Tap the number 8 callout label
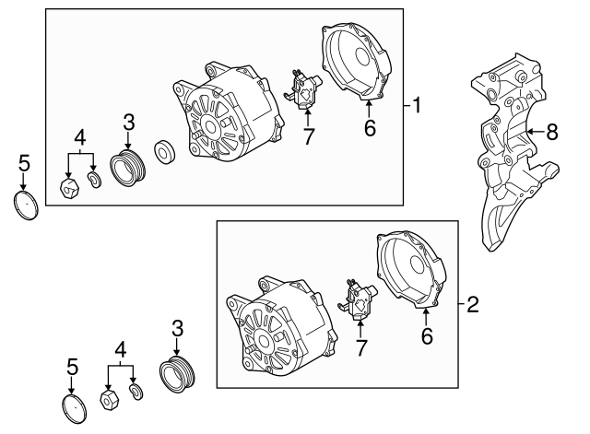point(552,132)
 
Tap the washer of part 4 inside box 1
point(93,178)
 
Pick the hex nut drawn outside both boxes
point(108,398)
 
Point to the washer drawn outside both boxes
point(135,393)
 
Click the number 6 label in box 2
point(427,337)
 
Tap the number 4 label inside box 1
point(80,138)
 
